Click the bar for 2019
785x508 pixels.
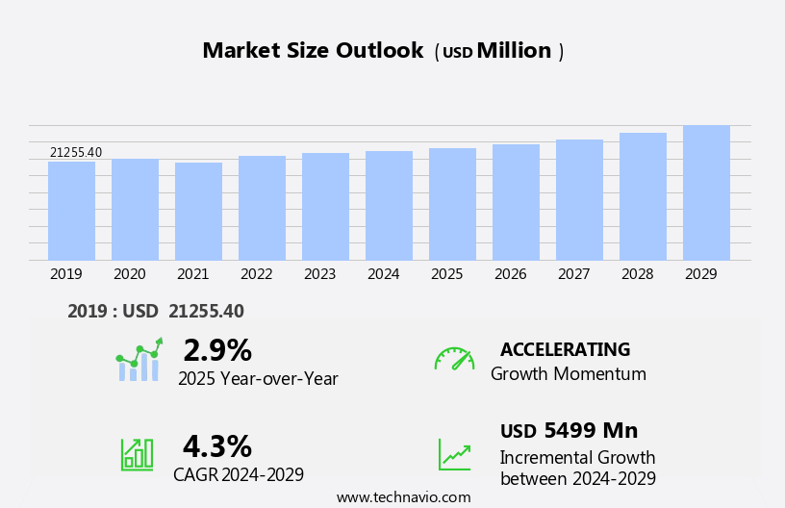71,211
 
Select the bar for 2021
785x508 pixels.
198,212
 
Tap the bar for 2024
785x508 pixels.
389,206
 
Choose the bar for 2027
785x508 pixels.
579,200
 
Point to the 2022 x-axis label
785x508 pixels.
257,274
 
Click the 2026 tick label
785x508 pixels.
511,274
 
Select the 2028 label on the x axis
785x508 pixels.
638,274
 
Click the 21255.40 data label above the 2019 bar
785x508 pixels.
76,152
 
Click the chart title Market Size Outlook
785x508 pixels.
313,51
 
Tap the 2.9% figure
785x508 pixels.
217,350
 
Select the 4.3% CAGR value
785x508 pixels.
217,446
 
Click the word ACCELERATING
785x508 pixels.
565,349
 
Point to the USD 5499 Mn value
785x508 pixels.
569,430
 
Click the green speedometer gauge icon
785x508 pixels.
454,359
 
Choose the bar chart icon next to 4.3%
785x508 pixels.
137,454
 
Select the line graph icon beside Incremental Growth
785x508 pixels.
454,454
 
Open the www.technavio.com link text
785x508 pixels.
403,497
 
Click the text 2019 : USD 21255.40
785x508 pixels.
156,311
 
